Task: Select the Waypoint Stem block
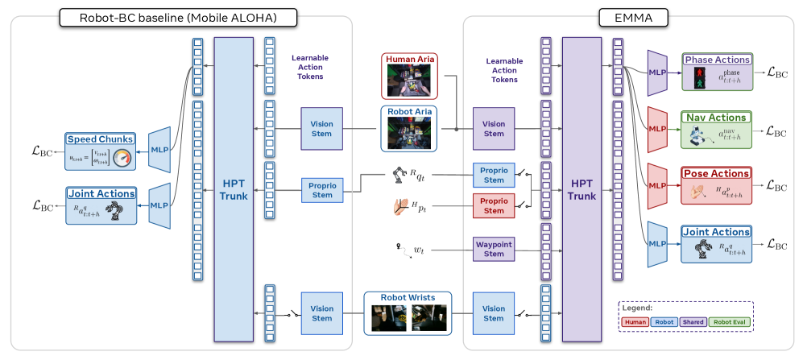(x=493, y=248)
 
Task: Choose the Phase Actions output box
(x=716, y=72)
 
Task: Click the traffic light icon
(x=699, y=79)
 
